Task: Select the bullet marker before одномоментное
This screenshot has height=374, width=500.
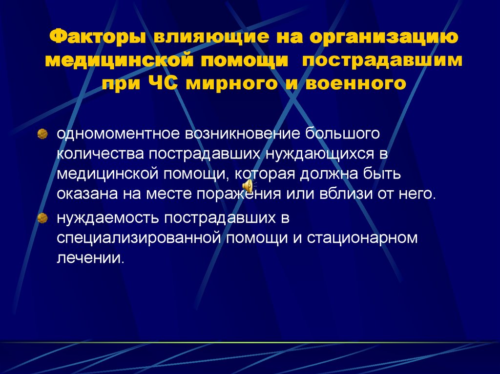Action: point(43,133)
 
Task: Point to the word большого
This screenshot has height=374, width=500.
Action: point(343,133)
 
